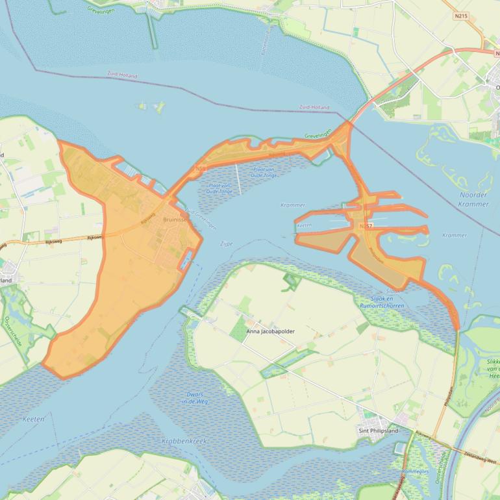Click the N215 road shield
pos(461,16)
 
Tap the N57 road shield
pos(366,225)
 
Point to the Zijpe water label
pos(226,244)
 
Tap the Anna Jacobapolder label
pos(270,331)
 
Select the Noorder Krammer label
pos(473,199)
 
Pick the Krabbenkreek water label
pos(184,441)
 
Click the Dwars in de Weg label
pos(195,398)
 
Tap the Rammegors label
pos(416,471)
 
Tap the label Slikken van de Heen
pos(492,368)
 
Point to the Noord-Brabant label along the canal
pos(492,403)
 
